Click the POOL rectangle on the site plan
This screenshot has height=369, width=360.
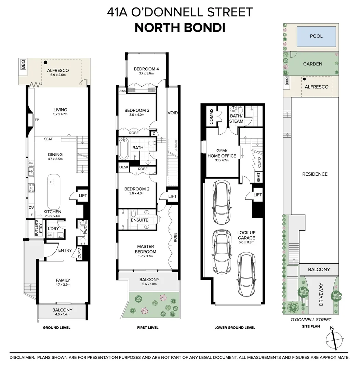pos(316,36)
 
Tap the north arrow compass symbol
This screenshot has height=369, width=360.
pos(333,340)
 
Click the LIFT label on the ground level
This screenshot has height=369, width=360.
pos(83,196)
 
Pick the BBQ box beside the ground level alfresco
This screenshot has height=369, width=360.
pos(23,65)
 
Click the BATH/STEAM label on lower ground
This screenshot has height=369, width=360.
pos(236,119)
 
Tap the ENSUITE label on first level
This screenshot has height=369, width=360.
pos(139,220)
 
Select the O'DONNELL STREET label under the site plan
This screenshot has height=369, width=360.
pos(311,320)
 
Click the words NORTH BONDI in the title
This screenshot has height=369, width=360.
pos(180,28)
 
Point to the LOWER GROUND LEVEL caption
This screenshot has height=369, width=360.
pos(235,328)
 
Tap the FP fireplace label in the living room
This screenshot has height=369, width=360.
pos(37,120)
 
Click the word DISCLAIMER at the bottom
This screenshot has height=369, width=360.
pos(22,357)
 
